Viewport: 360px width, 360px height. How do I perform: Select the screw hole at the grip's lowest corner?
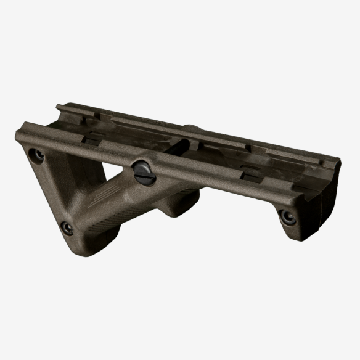67,229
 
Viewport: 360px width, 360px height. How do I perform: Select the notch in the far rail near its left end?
86,117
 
